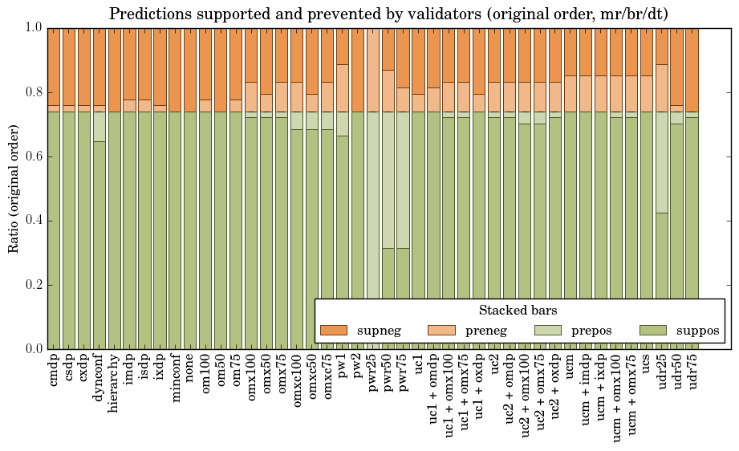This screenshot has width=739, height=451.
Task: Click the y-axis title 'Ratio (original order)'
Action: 14,188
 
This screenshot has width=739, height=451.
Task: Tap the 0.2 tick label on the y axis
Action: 33,285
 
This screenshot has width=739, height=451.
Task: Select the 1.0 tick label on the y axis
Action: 33,27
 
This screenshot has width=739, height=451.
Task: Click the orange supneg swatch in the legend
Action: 333,330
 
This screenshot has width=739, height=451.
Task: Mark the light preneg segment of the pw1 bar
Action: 343,87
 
